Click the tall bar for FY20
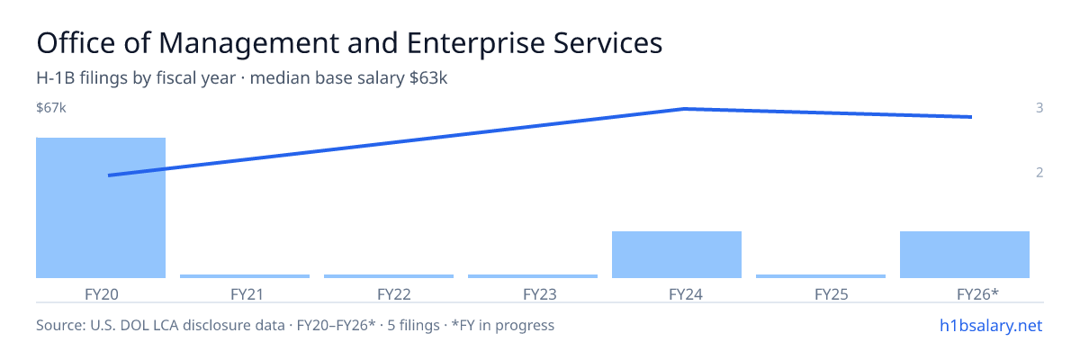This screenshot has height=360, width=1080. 101,208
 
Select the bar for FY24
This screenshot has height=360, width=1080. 677,255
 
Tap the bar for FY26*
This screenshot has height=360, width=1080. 964,255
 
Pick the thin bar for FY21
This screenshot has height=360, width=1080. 245,276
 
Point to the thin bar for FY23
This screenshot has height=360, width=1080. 533,276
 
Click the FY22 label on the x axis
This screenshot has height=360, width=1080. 394,294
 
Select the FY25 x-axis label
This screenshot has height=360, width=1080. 832,294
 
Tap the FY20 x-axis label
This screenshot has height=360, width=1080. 101,294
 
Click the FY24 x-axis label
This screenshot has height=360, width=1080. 686,294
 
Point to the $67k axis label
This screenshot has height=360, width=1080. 51,107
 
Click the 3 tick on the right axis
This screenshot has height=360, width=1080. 1039,107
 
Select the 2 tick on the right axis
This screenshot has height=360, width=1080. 1039,172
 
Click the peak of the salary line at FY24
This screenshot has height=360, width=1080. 685,109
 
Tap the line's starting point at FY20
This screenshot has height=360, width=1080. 109,175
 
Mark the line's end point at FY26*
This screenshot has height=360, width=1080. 971,117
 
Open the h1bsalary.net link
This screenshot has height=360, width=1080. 991,325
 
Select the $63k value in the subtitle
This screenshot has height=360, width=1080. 428,77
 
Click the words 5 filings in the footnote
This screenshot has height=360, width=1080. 414,325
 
